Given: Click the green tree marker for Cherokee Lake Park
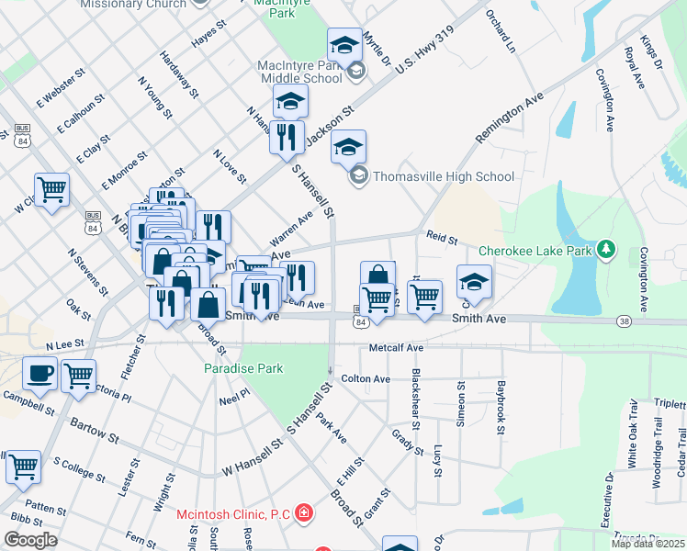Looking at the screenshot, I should [605, 249].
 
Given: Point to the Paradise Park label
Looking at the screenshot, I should [243, 368].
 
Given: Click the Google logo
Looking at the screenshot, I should [30, 540].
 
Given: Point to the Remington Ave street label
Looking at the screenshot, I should [510, 117].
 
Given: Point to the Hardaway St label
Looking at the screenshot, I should [179, 74].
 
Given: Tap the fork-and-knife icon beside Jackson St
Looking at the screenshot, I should [287, 137].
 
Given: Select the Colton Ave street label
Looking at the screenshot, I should [366, 378].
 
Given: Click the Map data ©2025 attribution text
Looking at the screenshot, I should [648, 543].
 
